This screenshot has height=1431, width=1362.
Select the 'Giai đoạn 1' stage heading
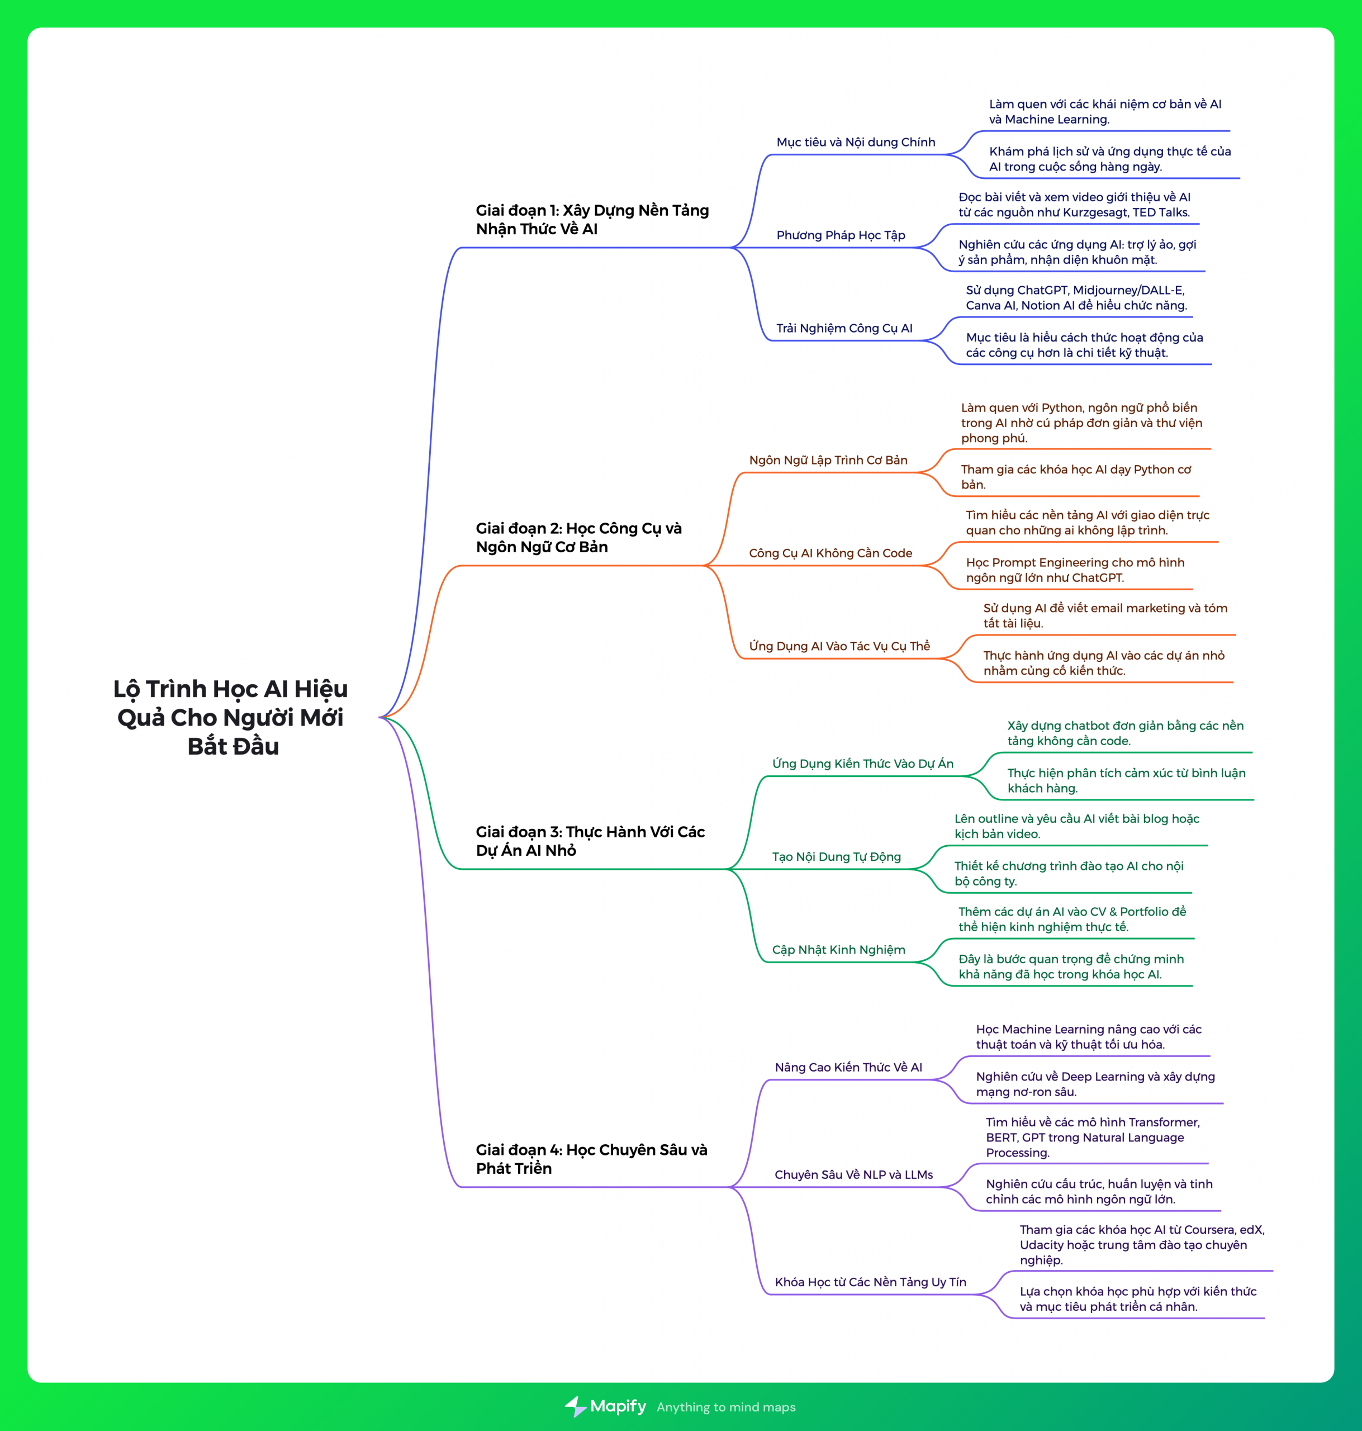(592, 219)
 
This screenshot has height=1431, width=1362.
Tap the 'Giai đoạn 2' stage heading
(578, 537)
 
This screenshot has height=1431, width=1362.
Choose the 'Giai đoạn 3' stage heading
(590, 841)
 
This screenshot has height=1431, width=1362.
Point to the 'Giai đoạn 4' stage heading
(591, 1159)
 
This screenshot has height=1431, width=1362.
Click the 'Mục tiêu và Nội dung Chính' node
(856, 143)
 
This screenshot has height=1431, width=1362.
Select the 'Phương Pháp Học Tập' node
(841, 235)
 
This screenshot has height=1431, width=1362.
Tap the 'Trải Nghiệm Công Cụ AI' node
(844, 328)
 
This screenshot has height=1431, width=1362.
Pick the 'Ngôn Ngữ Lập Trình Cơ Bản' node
(828, 460)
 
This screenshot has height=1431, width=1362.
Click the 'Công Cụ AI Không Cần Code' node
(831, 553)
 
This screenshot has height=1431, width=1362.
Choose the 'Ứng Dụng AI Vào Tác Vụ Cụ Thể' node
(839, 646)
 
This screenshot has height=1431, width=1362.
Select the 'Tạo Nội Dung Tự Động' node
(836, 857)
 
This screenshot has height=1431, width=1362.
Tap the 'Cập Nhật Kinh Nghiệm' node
(838, 950)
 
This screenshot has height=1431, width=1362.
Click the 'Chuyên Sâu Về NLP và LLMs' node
(854, 1175)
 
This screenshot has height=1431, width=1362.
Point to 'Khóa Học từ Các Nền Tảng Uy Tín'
(871, 1282)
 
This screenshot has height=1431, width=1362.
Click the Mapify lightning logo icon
(576, 1406)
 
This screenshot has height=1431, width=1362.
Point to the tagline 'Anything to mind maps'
(726, 1407)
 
